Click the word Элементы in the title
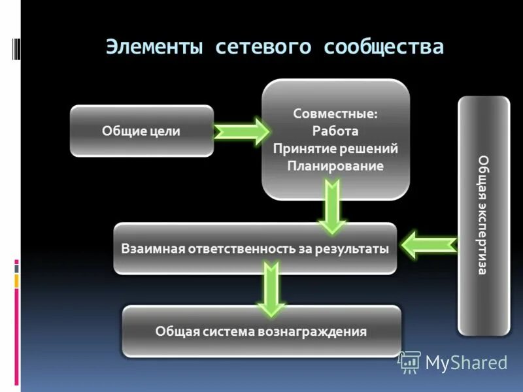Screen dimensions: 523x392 coord(154,47)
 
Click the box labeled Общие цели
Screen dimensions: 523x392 coord(141,131)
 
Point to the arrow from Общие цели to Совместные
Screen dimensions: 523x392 coord(241,131)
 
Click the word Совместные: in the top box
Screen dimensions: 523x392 coord(335,113)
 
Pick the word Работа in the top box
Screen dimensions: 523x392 coord(335,131)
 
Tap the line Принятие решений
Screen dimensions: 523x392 coord(335,148)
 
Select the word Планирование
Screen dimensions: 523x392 coord(335,166)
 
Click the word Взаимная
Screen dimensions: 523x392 coord(152,249)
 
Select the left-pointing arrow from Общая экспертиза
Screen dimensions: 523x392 coord(429,246)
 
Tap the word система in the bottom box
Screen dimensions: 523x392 coord(233,331)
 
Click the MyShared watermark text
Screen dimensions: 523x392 coord(466,363)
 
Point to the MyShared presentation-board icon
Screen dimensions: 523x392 coord(409,362)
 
